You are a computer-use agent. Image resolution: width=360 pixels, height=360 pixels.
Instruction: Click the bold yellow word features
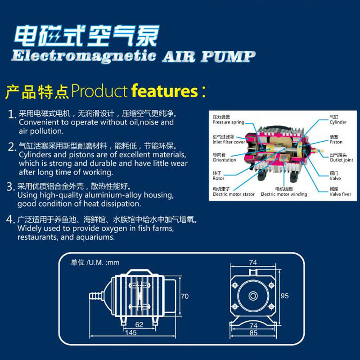coord(165,91)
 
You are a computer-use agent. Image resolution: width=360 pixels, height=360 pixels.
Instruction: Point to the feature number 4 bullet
coord(12,220)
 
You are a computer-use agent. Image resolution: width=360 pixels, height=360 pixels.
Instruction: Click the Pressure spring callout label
coord(228,122)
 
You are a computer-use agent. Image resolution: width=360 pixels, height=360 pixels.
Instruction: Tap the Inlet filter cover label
coord(229,142)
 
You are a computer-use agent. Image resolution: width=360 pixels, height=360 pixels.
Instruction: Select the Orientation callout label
coord(224,160)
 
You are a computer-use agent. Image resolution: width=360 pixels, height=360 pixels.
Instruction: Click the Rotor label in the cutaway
coord(218,178)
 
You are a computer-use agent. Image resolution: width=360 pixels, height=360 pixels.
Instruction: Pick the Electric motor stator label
coord(233,194)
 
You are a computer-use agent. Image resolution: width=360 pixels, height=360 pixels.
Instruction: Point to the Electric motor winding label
coord(283,194)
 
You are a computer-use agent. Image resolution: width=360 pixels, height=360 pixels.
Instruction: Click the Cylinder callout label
coord(338,122)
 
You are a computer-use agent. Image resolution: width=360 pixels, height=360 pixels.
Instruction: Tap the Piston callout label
coord(336,142)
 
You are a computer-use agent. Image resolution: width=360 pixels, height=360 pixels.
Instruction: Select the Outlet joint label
coord(341,160)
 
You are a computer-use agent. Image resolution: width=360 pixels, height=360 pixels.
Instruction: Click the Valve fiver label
coord(340,194)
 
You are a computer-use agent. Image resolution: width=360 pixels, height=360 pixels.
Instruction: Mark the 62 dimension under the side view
coord(139,324)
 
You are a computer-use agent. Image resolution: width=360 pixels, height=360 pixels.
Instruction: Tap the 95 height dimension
coord(284,296)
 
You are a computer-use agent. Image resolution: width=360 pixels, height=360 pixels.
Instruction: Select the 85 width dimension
coord(254,333)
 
